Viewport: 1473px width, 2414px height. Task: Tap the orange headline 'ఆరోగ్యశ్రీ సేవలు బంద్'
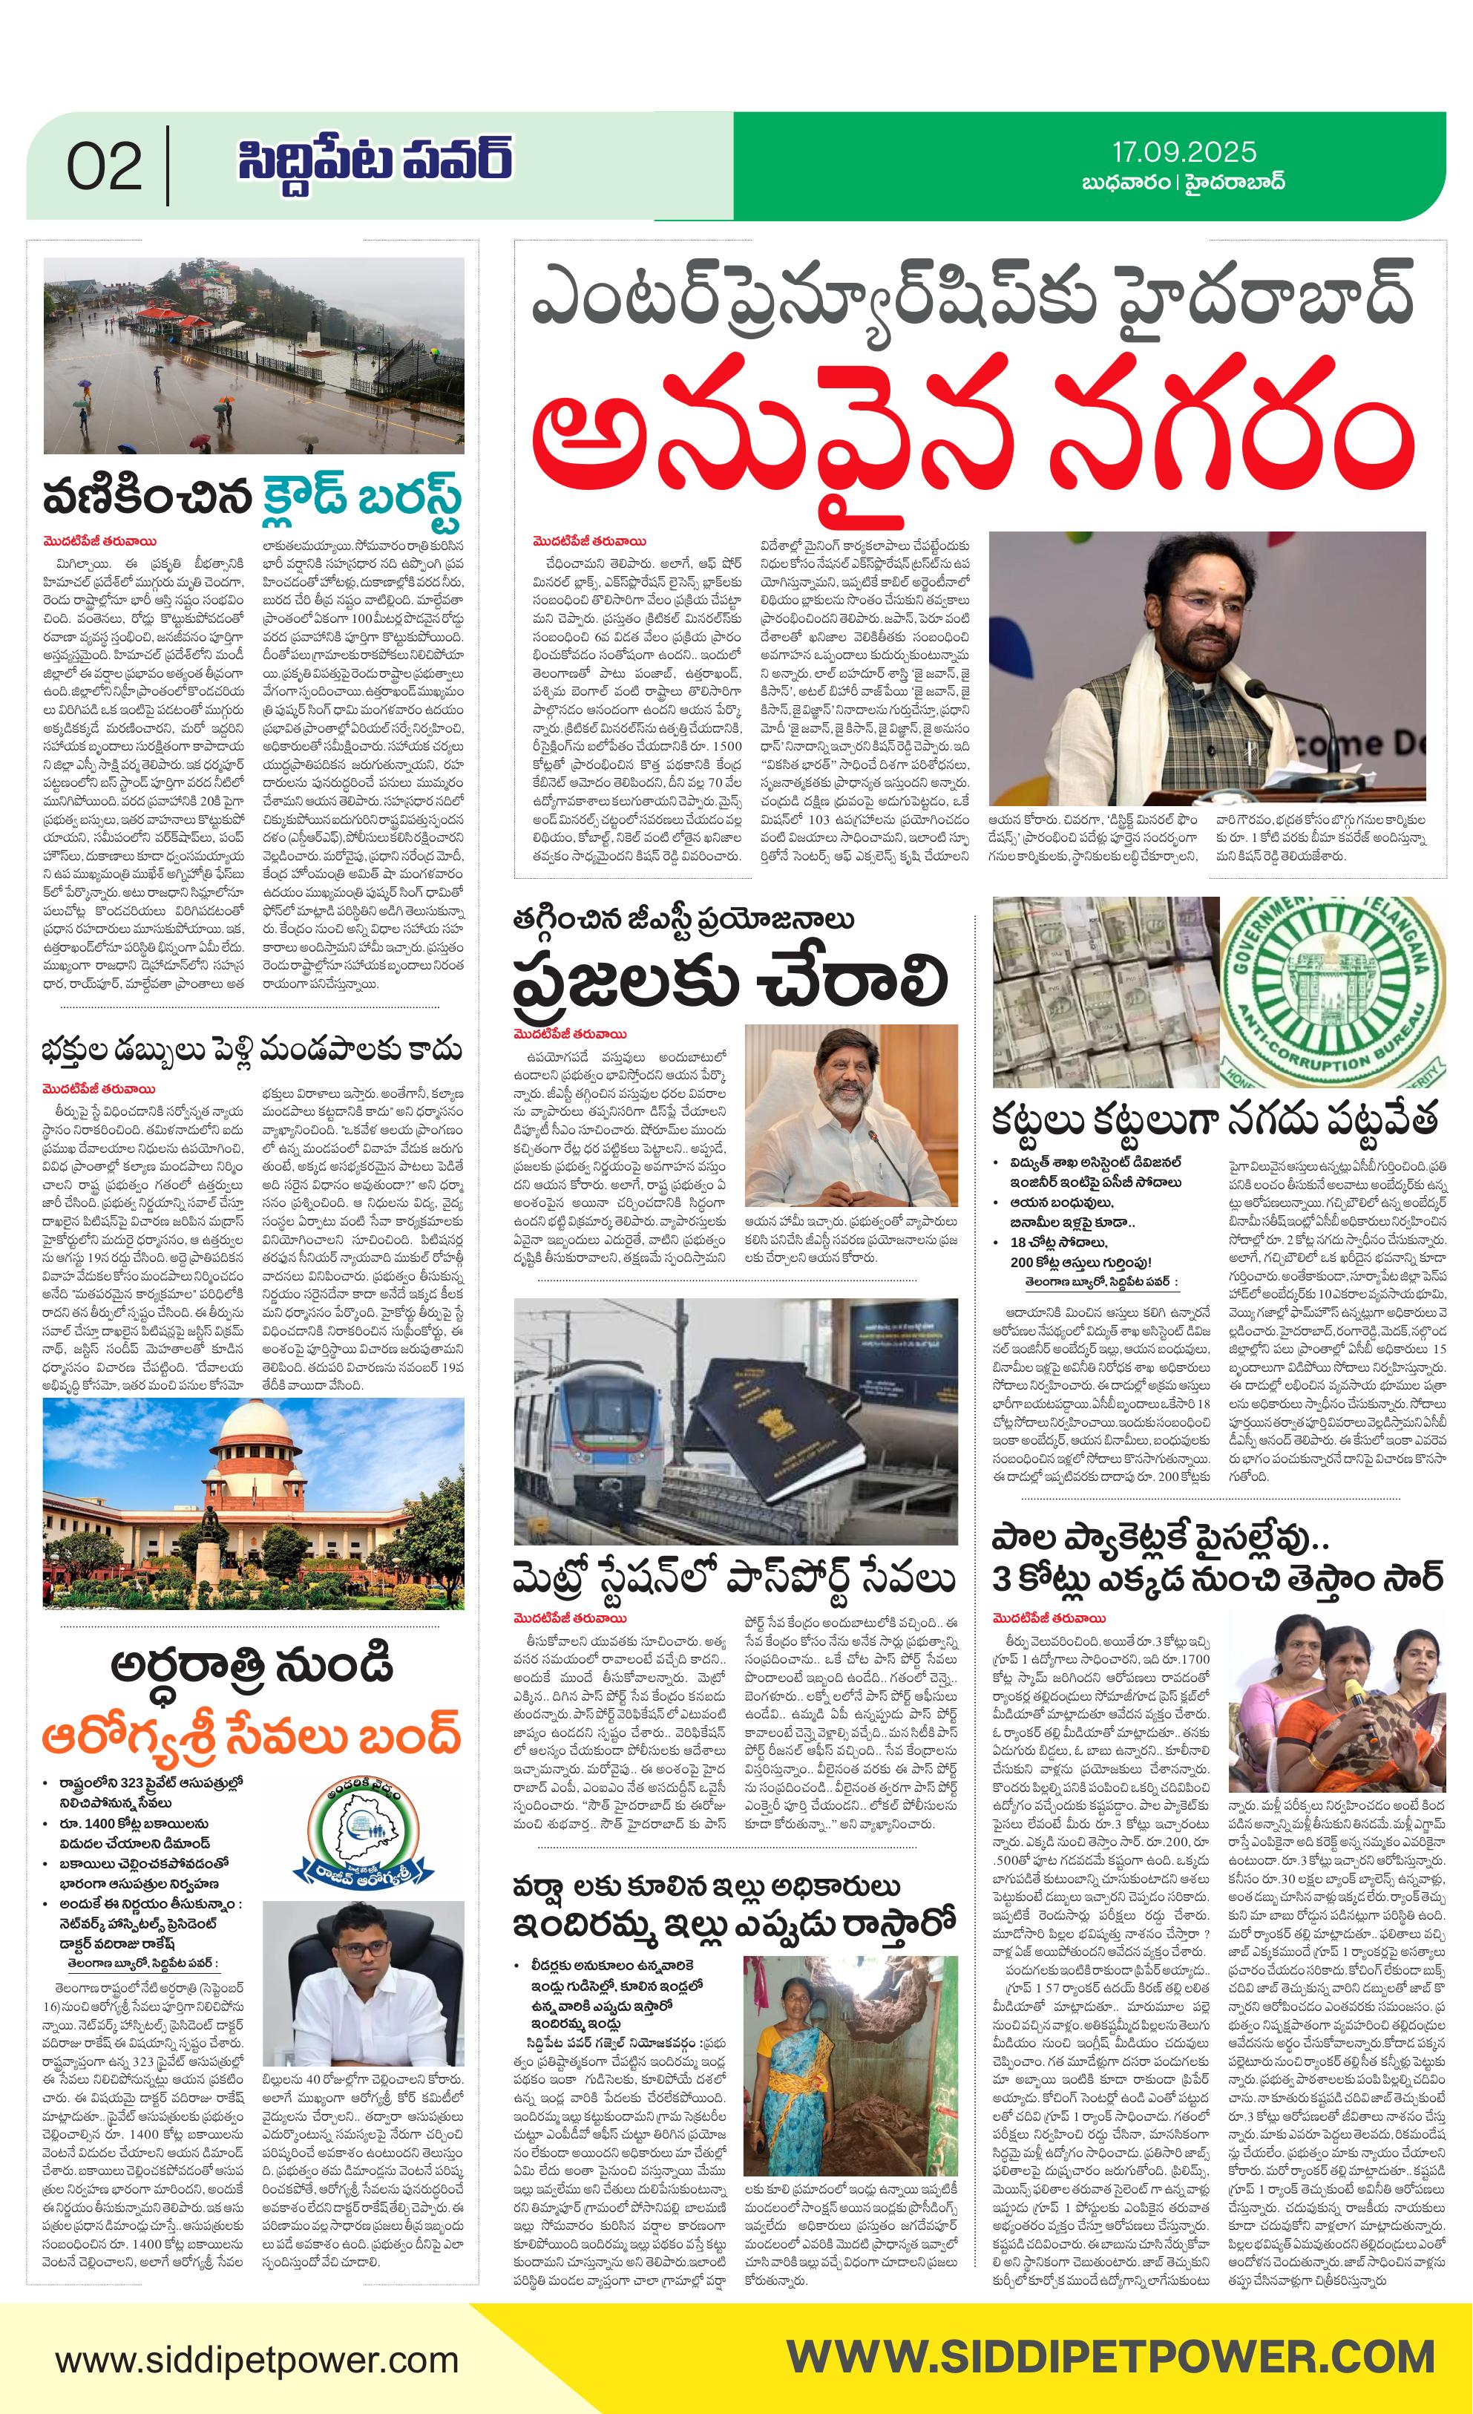[x=251, y=1740]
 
